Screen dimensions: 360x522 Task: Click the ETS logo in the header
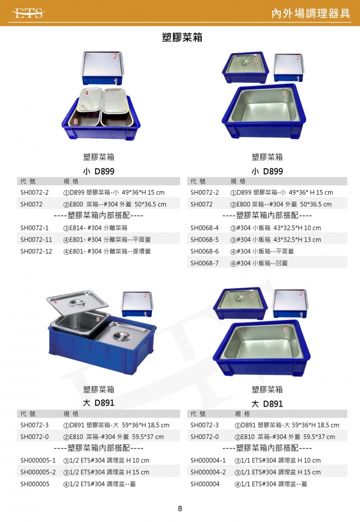pyautogui.click(x=28, y=14)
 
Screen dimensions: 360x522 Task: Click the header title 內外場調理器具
pyautogui.click(x=311, y=14)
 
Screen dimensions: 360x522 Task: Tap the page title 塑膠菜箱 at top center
pyautogui.click(x=182, y=37)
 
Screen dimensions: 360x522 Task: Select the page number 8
pyautogui.click(x=180, y=508)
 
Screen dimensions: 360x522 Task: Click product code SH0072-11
pyautogui.click(x=37, y=240)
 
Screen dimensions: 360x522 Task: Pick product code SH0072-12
pyautogui.click(x=37, y=252)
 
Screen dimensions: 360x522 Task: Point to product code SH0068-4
pyautogui.click(x=205, y=228)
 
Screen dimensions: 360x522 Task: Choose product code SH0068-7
pyautogui.click(x=205, y=263)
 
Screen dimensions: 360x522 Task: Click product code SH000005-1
pyautogui.click(x=38, y=460)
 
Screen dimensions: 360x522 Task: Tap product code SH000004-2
pyautogui.click(x=208, y=472)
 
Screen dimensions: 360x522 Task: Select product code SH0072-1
pyautogui.click(x=34, y=228)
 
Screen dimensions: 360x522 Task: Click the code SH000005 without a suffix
pyautogui.click(x=35, y=484)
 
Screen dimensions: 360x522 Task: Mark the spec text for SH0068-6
pyautogui.click(x=262, y=252)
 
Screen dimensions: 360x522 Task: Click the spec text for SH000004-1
pyautogui.click(x=278, y=460)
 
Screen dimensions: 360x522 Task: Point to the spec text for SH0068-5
pyautogui.click(x=276, y=240)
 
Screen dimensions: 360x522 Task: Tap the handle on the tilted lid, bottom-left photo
pyautogui.click(x=77, y=303)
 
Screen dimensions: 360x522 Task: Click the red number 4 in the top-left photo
pyautogui.click(x=87, y=93)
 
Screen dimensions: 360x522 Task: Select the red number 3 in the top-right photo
pyautogui.click(x=284, y=93)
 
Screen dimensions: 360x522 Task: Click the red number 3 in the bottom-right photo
pyautogui.click(x=285, y=330)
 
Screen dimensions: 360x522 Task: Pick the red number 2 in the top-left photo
pyautogui.click(x=115, y=56)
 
